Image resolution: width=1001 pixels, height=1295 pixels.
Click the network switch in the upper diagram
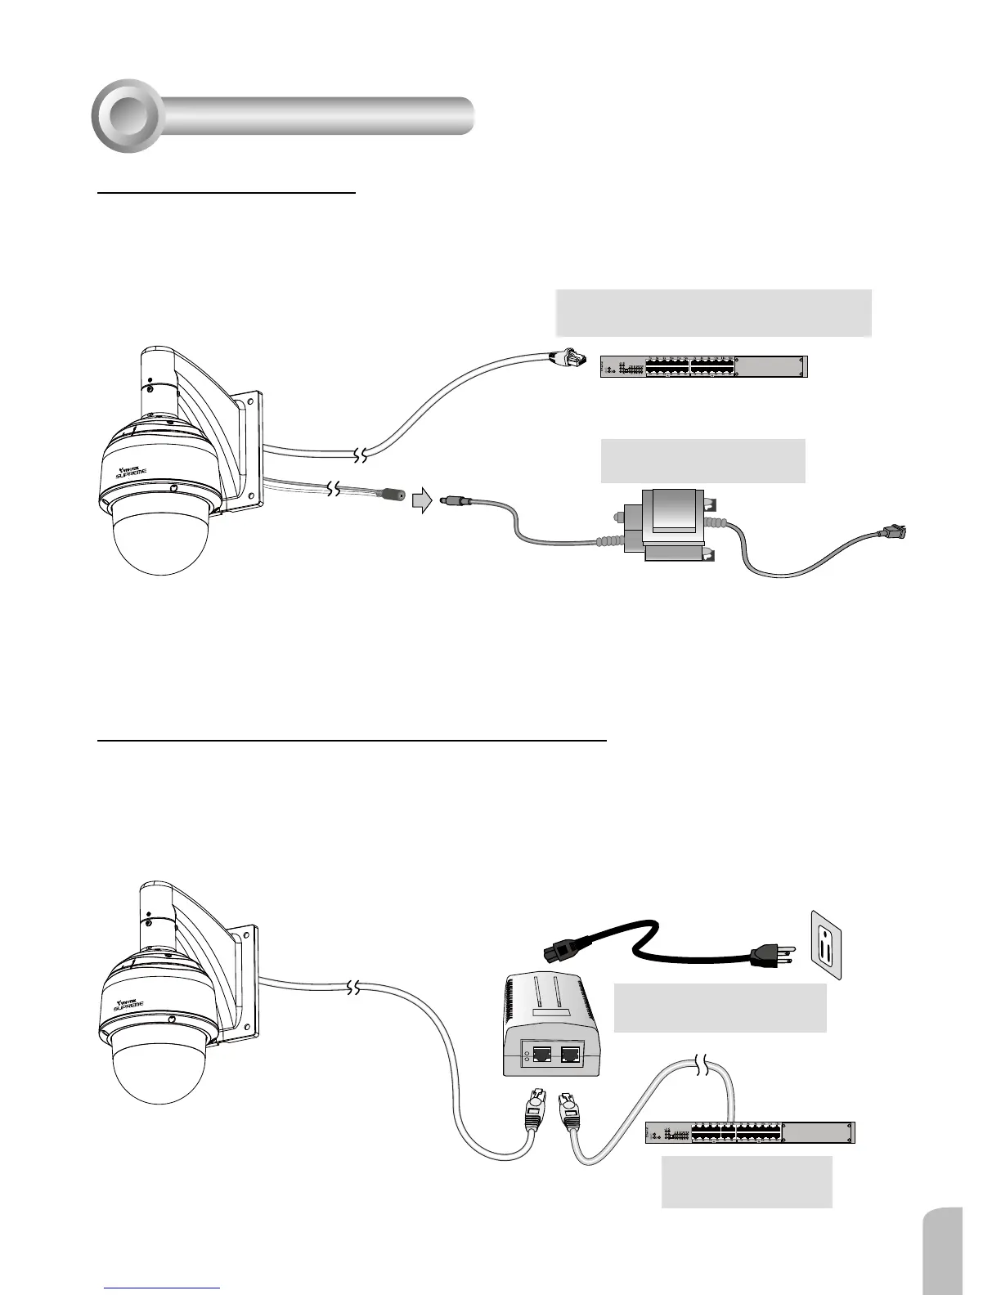(703, 367)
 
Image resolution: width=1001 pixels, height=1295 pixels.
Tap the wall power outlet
(826, 944)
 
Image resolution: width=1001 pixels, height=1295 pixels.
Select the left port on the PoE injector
(541, 1055)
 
